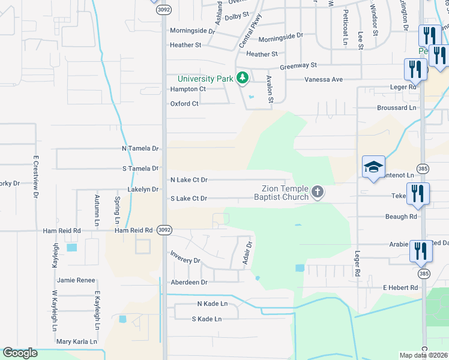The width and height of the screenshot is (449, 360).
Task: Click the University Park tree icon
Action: coord(243,78)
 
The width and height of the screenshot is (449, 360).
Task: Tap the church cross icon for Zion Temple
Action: coord(318,193)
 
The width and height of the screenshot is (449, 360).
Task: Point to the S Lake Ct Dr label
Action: coord(189,198)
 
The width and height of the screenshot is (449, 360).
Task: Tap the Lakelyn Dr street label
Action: coord(143,189)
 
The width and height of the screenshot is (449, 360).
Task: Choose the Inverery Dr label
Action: coord(185,260)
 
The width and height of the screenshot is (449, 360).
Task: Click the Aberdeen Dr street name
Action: coord(188,282)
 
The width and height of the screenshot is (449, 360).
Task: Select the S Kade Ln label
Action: coord(206,319)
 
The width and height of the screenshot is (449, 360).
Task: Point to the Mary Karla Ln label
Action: coord(76,341)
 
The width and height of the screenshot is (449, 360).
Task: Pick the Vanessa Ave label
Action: coord(323,79)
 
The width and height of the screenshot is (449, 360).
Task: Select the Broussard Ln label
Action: coord(396,107)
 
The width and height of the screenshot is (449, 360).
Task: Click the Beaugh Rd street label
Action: coord(401,216)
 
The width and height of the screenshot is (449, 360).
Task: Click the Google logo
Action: coord(20,353)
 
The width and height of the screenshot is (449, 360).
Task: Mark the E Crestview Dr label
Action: coord(36,177)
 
